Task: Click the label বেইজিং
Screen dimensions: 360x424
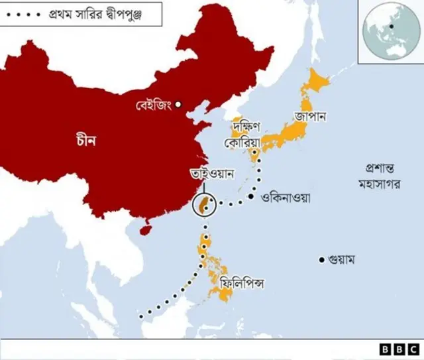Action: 154,105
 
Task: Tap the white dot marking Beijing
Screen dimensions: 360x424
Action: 178,104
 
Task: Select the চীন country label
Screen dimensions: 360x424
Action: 87,141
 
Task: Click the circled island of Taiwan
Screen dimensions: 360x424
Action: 205,205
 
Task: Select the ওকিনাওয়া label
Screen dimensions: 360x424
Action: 286,197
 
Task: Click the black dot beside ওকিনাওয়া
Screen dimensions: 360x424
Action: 252,197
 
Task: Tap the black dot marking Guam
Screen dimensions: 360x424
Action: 322,259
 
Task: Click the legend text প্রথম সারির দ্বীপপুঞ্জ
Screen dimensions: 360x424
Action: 102,13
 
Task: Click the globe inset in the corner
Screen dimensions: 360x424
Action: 391,31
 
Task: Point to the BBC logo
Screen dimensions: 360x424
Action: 399,349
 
